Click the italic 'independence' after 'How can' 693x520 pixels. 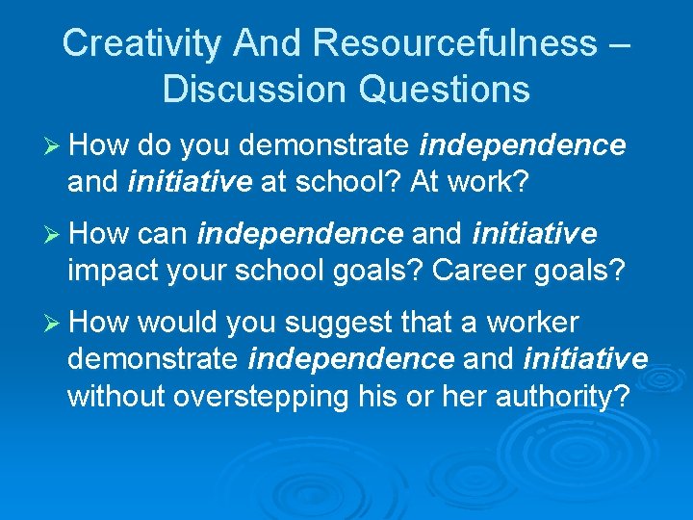pyautogui.click(x=299, y=234)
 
